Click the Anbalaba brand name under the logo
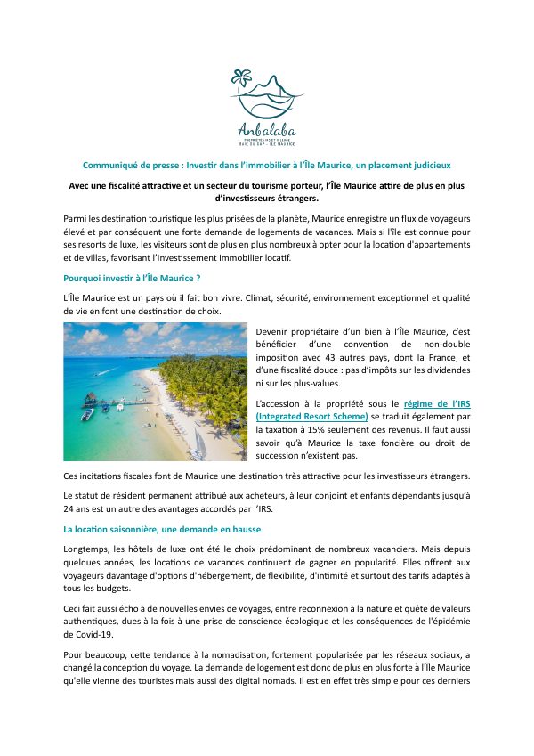(266, 126)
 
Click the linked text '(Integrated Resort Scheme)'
(311, 416)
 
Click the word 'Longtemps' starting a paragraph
(88, 549)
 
